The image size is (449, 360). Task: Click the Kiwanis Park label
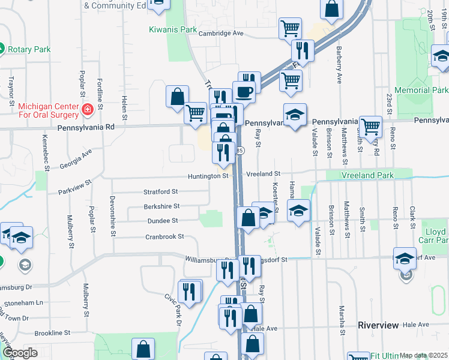[x=173, y=29]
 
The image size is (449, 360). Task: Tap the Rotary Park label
[x=29, y=49]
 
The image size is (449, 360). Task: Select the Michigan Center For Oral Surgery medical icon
[x=88, y=110]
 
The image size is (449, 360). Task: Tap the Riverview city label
[x=378, y=325]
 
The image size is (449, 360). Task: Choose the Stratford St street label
[x=160, y=192]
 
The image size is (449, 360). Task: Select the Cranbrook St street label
[x=164, y=237]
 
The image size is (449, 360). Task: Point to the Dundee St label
[x=163, y=221]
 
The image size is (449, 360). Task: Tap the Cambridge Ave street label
[x=221, y=34]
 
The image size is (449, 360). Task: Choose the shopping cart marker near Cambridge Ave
[x=290, y=28]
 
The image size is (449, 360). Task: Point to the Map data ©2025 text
[x=423, y=355]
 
